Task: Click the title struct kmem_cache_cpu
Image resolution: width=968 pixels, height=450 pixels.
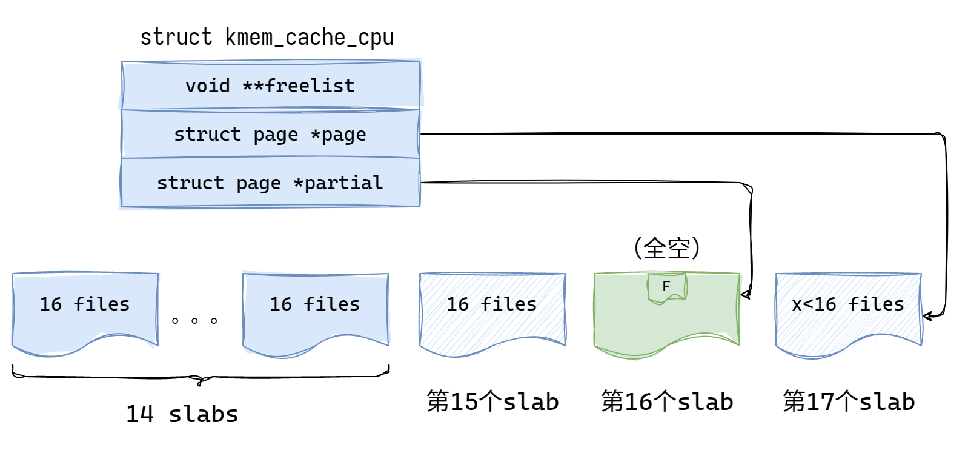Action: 267,38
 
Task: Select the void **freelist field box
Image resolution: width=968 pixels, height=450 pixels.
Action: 271,86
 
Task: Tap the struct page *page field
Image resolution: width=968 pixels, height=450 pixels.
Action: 271,134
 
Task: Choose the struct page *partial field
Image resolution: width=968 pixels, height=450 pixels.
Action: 271,183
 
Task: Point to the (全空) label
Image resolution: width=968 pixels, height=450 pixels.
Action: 666,248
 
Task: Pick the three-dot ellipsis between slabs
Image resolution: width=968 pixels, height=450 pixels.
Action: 194,321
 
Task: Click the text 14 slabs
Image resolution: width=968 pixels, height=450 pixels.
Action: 182,414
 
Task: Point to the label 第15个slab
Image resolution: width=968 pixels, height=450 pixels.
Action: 492,401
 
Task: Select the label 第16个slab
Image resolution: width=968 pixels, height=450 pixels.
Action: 666,401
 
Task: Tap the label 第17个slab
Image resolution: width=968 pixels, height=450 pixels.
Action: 848,401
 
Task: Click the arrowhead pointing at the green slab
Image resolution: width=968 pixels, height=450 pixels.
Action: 745,295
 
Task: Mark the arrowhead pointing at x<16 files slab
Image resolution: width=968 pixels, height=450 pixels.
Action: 927,316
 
